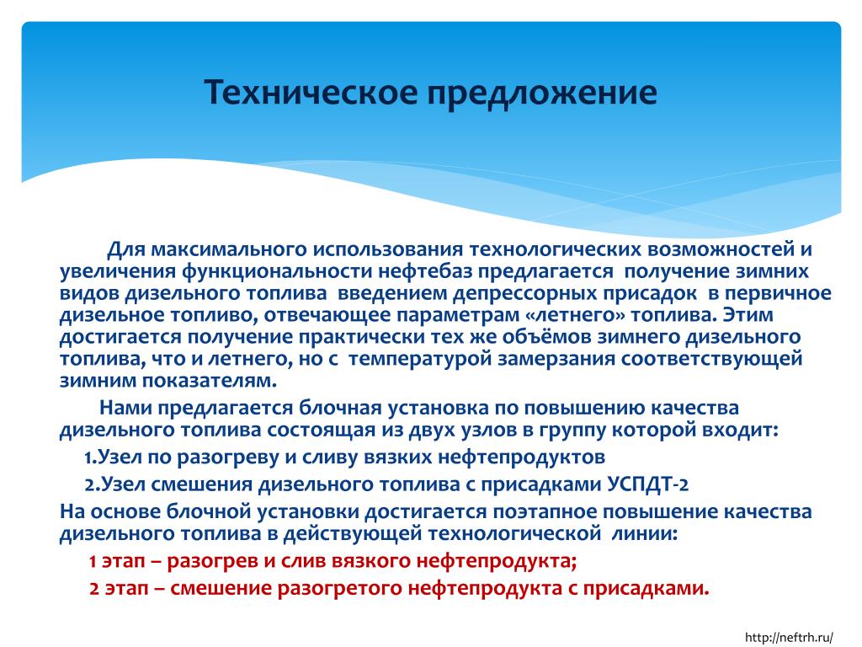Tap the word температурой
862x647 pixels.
tap(420, 359)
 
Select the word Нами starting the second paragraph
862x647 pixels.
tap(125, 408)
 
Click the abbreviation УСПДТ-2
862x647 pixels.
tap(648, 484)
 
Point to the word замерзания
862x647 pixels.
tap(556, 359)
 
